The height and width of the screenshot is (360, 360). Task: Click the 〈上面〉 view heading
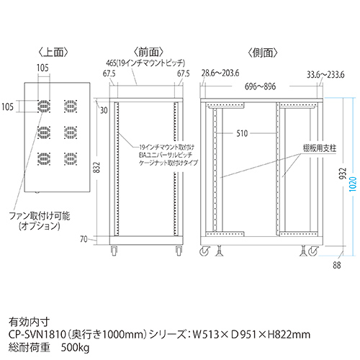[53, 53]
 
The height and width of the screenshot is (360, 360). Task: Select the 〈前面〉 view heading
[148, 52]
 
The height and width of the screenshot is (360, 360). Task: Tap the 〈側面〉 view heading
[263, 53]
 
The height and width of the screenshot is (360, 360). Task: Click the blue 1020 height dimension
[353, 184]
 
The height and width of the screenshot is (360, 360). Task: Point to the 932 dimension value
[343, 174]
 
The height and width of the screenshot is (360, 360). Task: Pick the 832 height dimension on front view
[96, 168]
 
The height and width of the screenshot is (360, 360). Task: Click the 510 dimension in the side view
[242, 133]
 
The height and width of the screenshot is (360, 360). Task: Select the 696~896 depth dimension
[260, 86]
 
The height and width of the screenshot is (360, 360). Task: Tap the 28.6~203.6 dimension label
[220, 73]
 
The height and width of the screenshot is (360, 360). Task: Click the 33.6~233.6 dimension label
[325, 75]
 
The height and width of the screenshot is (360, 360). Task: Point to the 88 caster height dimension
[337, 265]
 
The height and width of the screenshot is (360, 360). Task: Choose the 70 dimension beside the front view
[84, 239]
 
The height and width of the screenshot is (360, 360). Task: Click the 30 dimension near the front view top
[104, 110]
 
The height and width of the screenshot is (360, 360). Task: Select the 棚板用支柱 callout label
[320, 148]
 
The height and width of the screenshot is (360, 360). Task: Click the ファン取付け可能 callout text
[40, 216]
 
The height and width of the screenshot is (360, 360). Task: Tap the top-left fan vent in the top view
[44, 106]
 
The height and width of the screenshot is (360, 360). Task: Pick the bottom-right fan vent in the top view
[71, 159]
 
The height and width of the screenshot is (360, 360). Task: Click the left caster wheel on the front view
[114, 250]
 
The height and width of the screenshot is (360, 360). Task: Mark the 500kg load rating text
[75, 348]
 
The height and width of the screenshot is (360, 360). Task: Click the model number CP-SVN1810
[37, 334]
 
